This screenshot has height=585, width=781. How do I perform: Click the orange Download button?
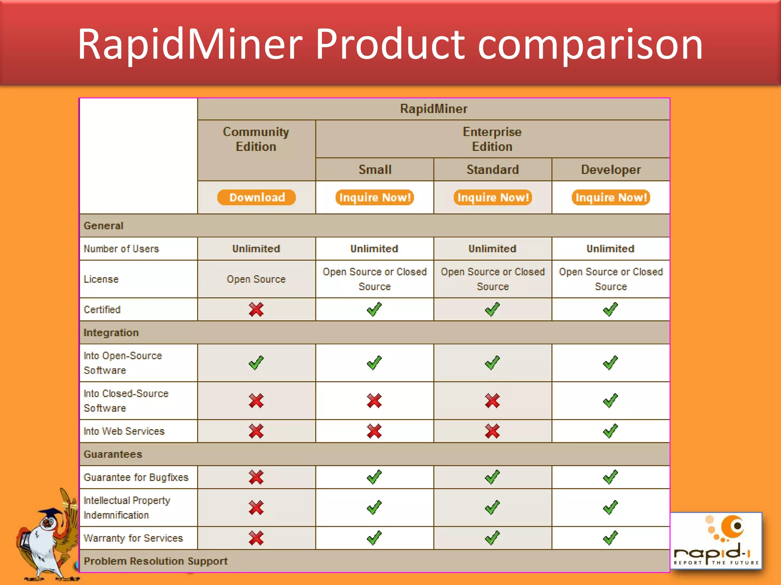click(x=257, y=197)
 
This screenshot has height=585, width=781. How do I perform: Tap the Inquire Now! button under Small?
click(x=374, y=197)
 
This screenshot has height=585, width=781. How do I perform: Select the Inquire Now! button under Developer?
click(x=611, y=197)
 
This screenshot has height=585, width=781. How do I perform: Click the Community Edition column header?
click(x=256, y=139)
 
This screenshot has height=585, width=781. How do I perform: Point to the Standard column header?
click(x=493, y=169)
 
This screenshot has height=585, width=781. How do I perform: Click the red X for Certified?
click(x=256, y=309)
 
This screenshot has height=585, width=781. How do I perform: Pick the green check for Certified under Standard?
click(x=492, y=309)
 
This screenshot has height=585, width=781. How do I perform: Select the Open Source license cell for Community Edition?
click(x=256, y=279)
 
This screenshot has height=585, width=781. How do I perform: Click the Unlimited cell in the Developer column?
click(x=610, y=249)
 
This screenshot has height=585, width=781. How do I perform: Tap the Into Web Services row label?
click(x=124, y=431)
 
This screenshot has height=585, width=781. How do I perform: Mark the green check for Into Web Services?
click(x=610, y=431)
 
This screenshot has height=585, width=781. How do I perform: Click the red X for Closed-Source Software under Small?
click(x=374, y=401)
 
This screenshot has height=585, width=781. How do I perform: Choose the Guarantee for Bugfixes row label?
click(x=136, y=477)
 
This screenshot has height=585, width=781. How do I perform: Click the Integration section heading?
click(x=111, y=332)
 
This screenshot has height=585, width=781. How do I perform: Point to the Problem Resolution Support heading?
click(x=156, y=561)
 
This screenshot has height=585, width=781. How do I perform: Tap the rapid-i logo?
click(x=716, y=541)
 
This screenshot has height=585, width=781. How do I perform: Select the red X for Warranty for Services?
click(x=256, y=538)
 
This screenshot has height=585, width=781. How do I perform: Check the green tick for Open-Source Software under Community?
click(x=256, y=363)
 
